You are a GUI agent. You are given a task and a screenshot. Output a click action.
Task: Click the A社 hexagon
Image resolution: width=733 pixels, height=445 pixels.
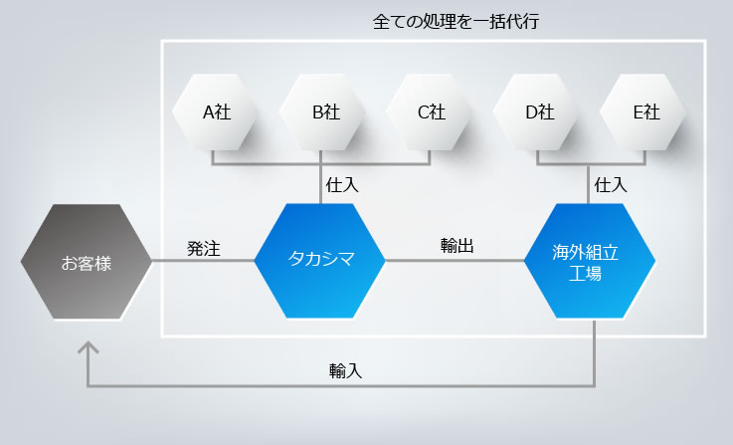215,112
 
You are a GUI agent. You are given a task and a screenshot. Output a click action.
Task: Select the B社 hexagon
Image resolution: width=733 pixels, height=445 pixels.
322,112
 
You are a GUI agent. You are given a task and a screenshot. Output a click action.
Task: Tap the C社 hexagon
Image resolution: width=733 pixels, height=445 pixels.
429,112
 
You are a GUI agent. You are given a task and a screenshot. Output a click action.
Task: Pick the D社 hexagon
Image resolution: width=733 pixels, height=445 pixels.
536,112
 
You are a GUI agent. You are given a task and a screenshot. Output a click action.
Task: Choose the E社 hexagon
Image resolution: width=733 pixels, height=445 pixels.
642,112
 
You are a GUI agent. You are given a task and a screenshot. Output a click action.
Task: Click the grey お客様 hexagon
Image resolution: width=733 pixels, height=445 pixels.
87,262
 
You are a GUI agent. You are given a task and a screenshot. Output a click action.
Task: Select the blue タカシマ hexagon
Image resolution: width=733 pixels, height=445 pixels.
319,261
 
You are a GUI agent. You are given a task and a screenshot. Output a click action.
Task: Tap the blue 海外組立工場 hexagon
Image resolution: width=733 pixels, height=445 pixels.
590,261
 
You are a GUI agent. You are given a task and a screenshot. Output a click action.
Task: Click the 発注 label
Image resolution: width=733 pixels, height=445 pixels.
203,249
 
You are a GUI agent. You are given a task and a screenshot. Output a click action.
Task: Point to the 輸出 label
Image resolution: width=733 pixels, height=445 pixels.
458,246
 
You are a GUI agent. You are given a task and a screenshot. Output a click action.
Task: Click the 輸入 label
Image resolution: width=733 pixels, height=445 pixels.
345,370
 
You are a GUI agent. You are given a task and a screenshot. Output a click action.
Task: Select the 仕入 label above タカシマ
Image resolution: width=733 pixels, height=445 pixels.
342,185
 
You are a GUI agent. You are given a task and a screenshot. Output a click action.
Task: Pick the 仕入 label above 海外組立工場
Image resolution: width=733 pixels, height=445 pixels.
611,185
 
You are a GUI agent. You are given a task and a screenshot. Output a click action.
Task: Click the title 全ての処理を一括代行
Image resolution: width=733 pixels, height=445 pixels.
456,22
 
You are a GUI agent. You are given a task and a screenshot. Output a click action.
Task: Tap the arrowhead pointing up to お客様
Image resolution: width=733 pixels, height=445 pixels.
88,347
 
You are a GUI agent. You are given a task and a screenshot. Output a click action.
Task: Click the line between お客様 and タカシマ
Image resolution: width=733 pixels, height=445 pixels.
203,261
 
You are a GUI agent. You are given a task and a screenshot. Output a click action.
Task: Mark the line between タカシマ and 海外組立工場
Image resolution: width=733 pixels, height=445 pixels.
455,261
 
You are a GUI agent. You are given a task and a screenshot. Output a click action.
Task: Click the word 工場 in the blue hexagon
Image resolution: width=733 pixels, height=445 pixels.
585,274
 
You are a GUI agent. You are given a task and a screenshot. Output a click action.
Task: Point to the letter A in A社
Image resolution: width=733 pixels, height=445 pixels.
209,112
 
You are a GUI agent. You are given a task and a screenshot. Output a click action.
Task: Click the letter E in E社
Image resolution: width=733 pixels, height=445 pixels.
639,112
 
